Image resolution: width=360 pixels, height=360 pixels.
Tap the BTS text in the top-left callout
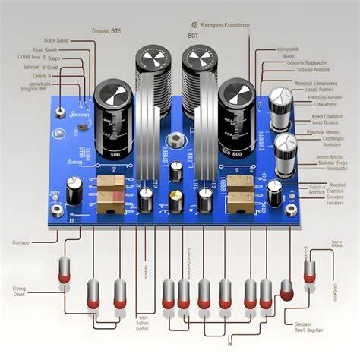click(x=116, y=30)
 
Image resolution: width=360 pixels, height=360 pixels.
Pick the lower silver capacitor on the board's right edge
click(x=286, y=144)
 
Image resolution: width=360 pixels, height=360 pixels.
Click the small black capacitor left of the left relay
click(x=74, y=190)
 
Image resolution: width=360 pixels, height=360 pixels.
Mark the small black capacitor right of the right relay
click(x=274, y=191)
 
